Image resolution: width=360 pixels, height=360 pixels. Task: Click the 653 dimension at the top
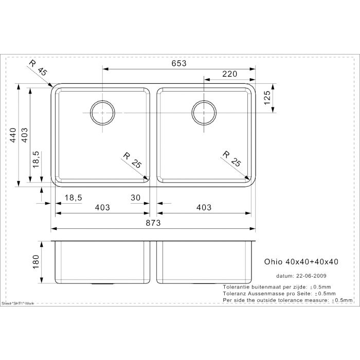[x=178, y=63]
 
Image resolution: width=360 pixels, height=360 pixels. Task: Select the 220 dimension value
[x=229, y=74]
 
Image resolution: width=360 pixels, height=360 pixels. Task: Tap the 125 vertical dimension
[x=267, y=97]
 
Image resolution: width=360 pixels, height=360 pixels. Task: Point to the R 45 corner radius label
[x=38, y=68]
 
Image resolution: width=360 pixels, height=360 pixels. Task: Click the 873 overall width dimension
[x=153, y=223]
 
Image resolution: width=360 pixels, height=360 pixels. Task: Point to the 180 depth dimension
[x=35, y=262]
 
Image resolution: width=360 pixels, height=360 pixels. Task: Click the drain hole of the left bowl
[x=102, y=112]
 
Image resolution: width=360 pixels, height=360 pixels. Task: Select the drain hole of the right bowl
[x=204, y=112]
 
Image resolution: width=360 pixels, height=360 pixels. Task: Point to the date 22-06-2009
[x=309, y=276]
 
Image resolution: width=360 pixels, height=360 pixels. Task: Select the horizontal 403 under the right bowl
[x=204, y=208]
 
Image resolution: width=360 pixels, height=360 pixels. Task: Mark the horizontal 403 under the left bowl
[x=102, y=208]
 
